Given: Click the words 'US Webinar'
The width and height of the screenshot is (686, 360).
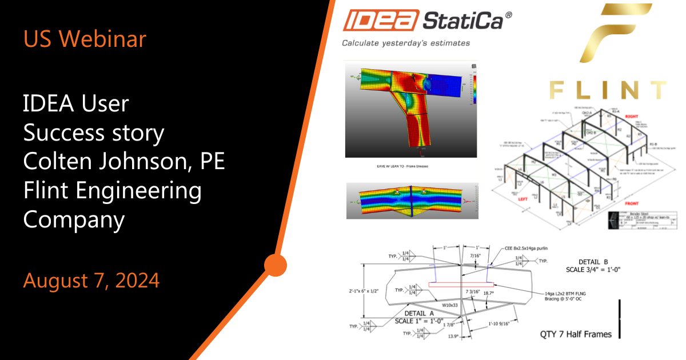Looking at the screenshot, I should click(x=85, y=39).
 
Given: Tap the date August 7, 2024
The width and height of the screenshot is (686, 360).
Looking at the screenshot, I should click(x=91, y=281).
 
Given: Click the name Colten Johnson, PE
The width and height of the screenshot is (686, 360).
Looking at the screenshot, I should click(x=123, y=162).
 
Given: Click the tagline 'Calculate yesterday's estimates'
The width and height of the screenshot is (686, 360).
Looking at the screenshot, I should click(x=406, y=43).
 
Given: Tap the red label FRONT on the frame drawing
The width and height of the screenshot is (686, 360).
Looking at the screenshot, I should click(x=632, y=203).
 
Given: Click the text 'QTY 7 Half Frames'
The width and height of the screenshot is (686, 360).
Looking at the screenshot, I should click(x=576, y=334).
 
